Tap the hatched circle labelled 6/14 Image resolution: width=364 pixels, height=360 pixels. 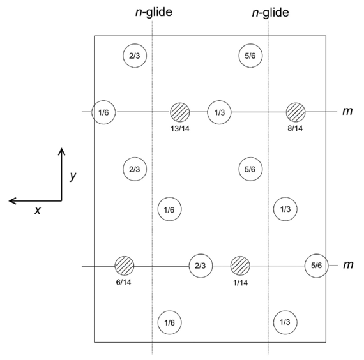pyautogui.click(x=124, y=265)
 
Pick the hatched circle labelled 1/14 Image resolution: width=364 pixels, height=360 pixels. pyautogui.click(x=239, y=265)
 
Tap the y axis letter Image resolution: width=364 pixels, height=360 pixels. pyautogui.click(x=73, y=176)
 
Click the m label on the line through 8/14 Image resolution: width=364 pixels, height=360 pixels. pyautogui.click(x=347, y=111)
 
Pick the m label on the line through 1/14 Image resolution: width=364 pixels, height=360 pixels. pyautogui.click(x=347, y=264)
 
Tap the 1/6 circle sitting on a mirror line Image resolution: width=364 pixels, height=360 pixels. pyautogui.click(x=103, y=112)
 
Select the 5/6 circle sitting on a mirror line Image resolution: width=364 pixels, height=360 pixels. pyautogui.click(x=315, y=266)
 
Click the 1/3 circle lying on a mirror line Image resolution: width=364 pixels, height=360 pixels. pyautogui.click(x=219, y=112)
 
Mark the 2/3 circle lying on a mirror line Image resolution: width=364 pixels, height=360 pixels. pyautogui.click(x=200, y=266)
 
